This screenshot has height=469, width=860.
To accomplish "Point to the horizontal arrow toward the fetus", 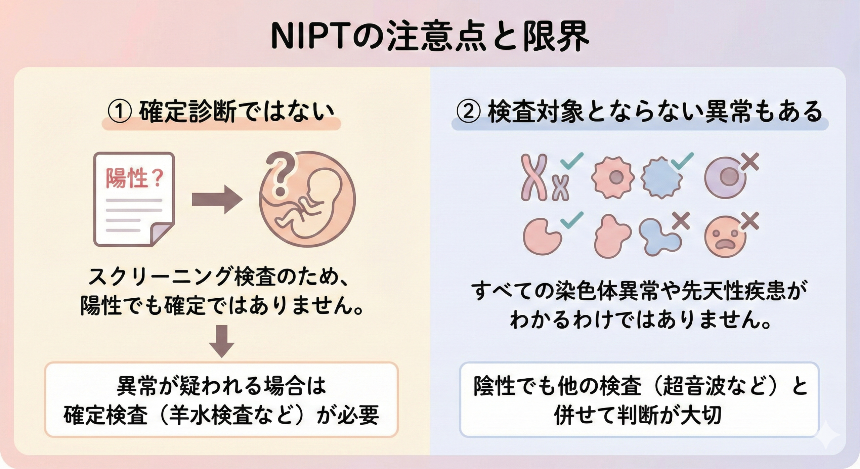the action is tap(217, 200).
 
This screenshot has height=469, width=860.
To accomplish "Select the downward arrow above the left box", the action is tap(222, 341).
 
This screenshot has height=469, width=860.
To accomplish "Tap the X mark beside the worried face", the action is tap(749, 222).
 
